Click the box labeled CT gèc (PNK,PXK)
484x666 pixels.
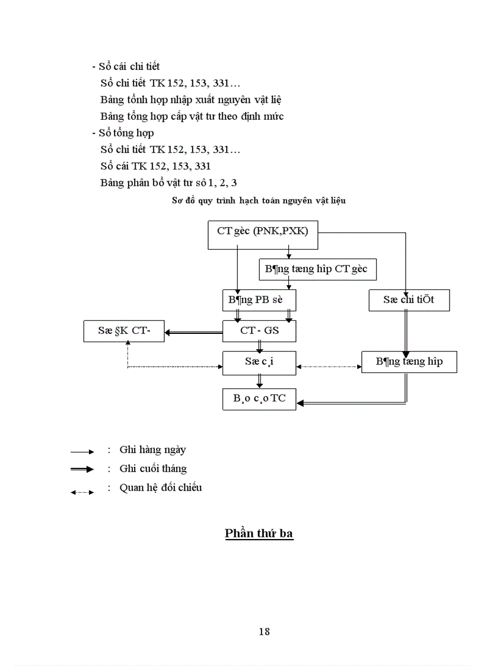point(263,235)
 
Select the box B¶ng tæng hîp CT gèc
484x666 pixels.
point(317,269)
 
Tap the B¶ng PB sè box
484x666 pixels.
point(259,299)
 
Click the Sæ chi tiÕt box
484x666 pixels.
point(409,299)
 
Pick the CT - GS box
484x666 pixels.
point(259,330)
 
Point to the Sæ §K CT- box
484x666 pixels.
point(124,330)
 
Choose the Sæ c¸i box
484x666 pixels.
point(259,362)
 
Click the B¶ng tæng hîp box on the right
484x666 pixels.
point(409,361)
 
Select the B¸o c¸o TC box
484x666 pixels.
point(259,399)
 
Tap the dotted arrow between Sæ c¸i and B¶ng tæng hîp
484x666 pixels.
point(329,367)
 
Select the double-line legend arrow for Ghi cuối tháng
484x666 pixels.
point(82,470)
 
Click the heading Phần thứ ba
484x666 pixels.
point(259,533)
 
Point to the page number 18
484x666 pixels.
point(265,632)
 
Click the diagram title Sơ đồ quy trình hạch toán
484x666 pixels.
point(259,200)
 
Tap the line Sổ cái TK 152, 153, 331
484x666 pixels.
point(155,166)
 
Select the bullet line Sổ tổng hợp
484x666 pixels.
point(123,133)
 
